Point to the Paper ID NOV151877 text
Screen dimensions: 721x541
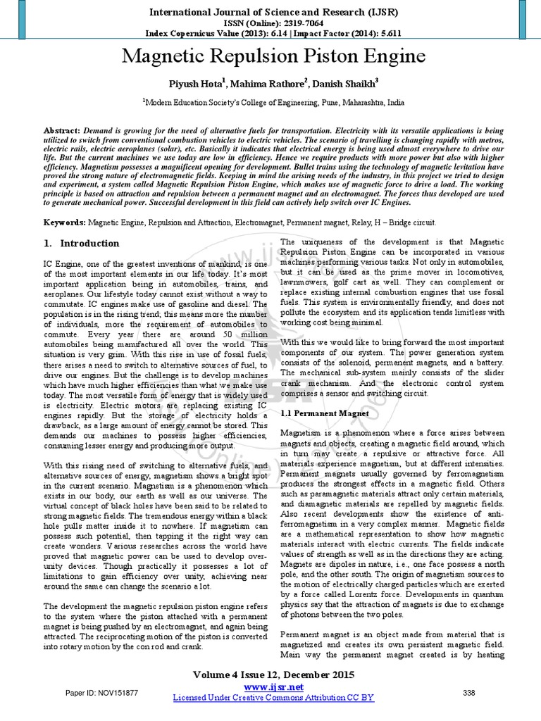[x=102, y=694]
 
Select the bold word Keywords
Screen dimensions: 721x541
[x=65, y=221]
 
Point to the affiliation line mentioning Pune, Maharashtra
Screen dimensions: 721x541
[x=274, y=102]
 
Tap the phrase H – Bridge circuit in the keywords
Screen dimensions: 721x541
[x=399, y=221]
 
